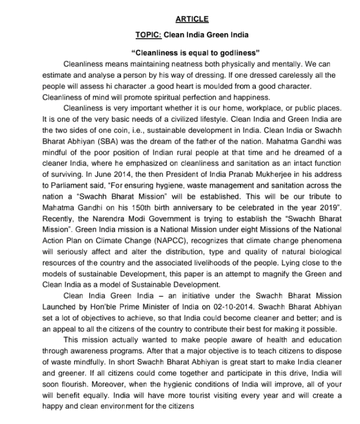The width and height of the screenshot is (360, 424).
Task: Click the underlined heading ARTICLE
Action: click(x=192, y=20)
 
